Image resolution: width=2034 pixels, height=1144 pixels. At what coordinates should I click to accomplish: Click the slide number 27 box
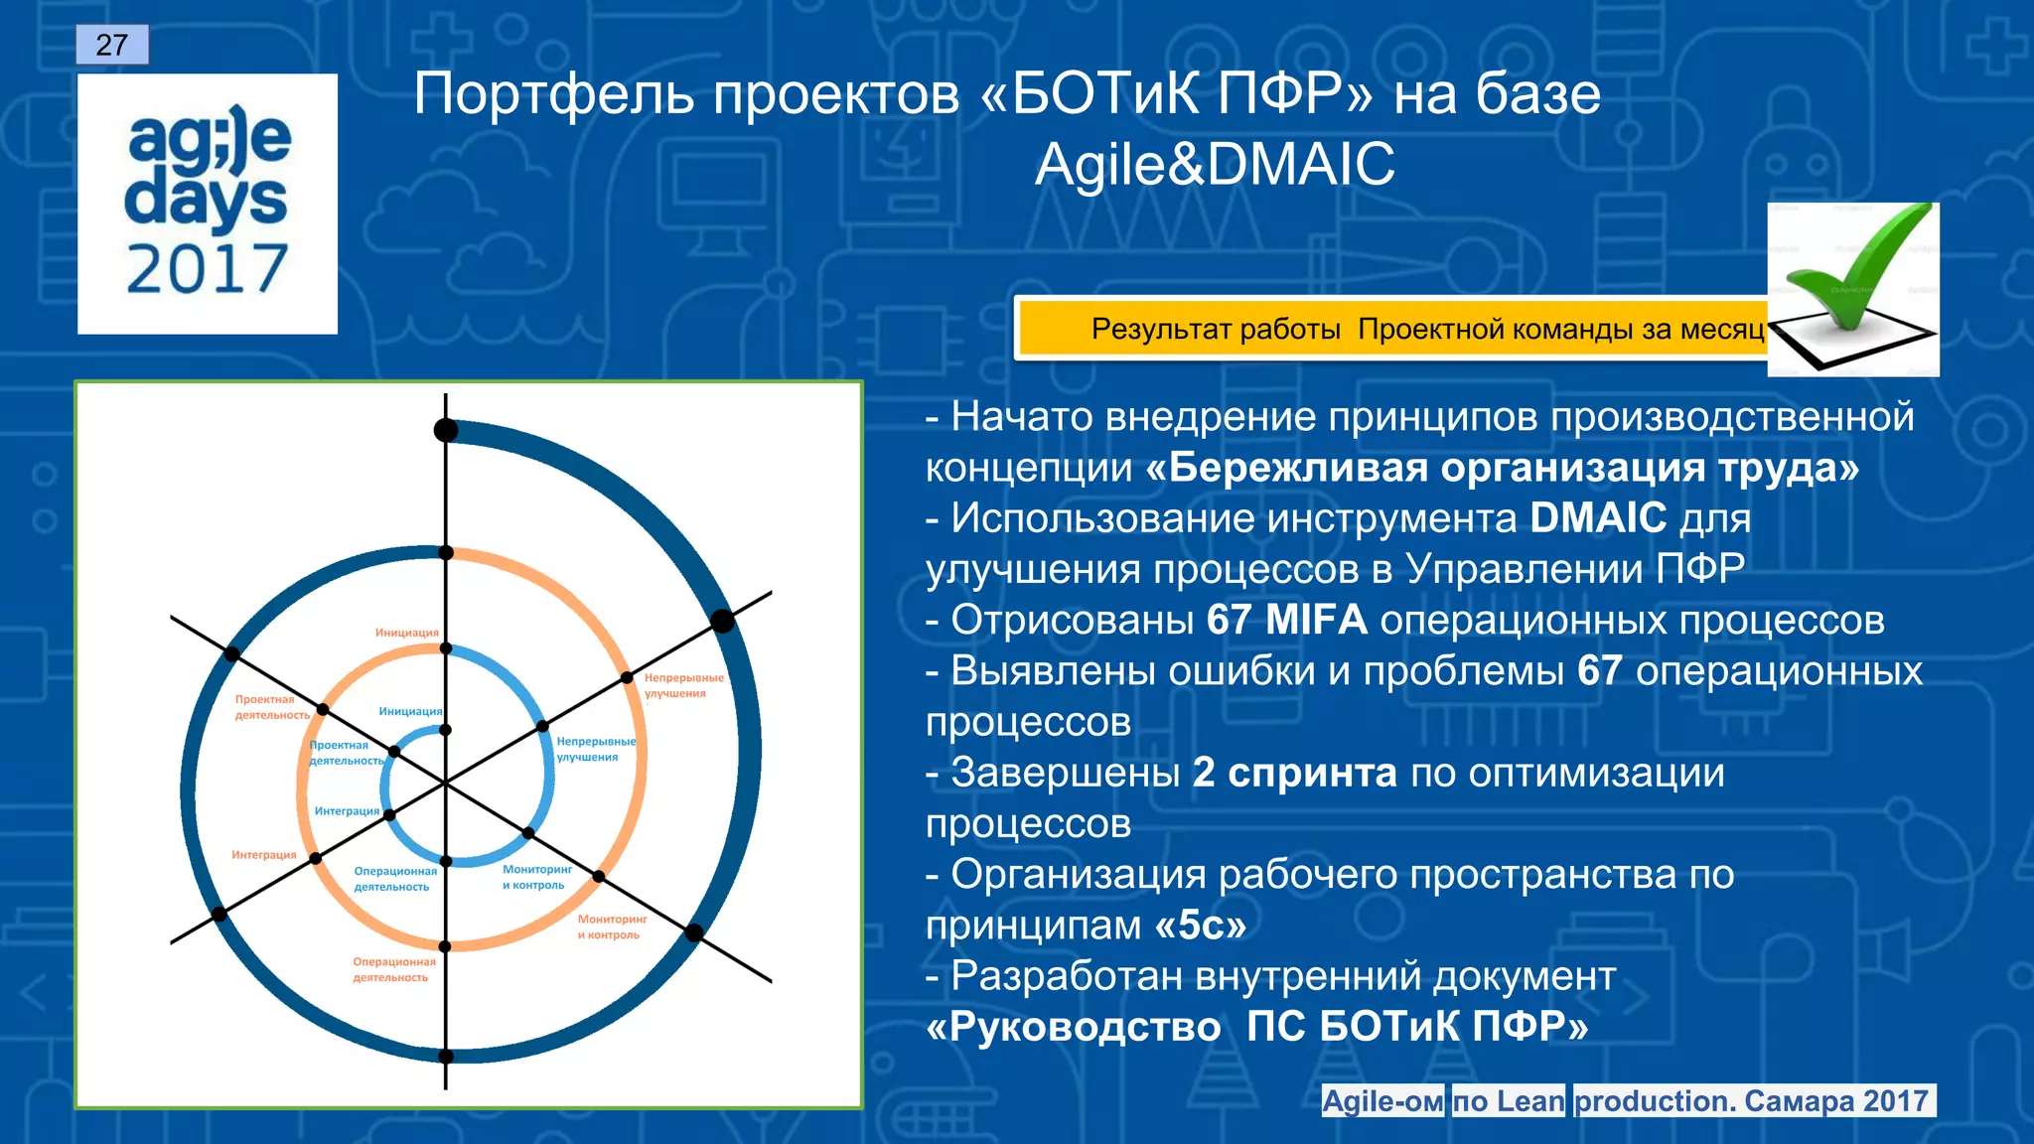[112, 45]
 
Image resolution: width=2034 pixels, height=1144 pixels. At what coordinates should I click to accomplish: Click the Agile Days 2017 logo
[208, 204]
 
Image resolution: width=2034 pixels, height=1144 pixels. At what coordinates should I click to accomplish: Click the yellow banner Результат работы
[1390, 329]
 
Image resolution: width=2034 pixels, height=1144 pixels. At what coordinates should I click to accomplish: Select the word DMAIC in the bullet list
[1598, 518]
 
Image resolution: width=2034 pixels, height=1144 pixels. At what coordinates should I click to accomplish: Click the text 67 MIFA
[1286, 621]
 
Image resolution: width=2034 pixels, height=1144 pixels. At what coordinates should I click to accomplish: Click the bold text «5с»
[1201, 926]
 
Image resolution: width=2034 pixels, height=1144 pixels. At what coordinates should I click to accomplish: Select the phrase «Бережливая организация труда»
[1502, 468]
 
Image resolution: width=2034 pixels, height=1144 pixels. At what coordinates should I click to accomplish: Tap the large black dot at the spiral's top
[446, 430]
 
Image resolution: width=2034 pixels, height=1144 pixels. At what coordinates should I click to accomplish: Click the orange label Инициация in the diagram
[406, 633]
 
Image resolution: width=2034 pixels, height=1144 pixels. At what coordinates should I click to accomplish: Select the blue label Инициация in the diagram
[410, 711]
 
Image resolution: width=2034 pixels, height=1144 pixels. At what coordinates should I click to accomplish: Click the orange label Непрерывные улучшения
[683, 685]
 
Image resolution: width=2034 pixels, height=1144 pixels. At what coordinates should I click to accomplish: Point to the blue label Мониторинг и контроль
[536, 877]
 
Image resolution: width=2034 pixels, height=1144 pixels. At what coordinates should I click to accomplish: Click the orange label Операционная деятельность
[393, 969]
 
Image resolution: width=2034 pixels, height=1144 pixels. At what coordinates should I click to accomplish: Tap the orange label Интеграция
[263, 855]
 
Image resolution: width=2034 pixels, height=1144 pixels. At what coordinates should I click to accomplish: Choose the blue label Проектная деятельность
[346, 753]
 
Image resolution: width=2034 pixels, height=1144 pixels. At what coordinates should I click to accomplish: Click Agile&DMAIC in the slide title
[1214, 164]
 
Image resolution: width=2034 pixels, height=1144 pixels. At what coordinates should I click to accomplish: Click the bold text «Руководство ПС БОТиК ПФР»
[1256, 1027]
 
